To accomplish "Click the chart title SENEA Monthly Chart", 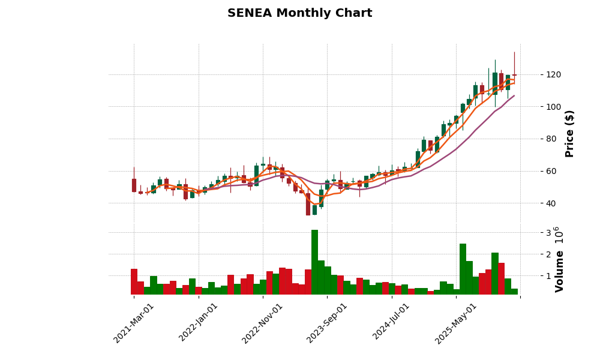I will point(299,13).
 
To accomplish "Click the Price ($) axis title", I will point(569,133).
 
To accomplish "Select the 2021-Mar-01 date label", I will point(134,323).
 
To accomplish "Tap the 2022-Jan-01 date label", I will point(199,323).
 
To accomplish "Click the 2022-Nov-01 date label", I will point(262,323).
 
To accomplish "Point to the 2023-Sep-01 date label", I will point(327,323).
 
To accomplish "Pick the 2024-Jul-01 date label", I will point(391,323).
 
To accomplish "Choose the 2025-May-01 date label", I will point(456,323).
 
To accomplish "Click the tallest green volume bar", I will point(314,262).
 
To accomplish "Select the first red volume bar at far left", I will point(134,282).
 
